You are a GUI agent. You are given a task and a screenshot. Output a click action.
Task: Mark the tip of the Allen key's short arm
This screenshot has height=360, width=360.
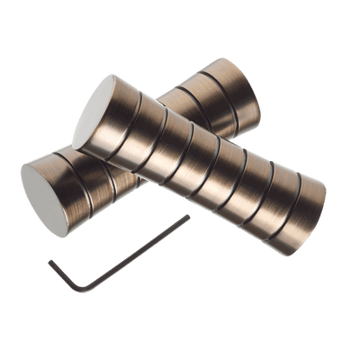pyautogui.click(x=46, y=258)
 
